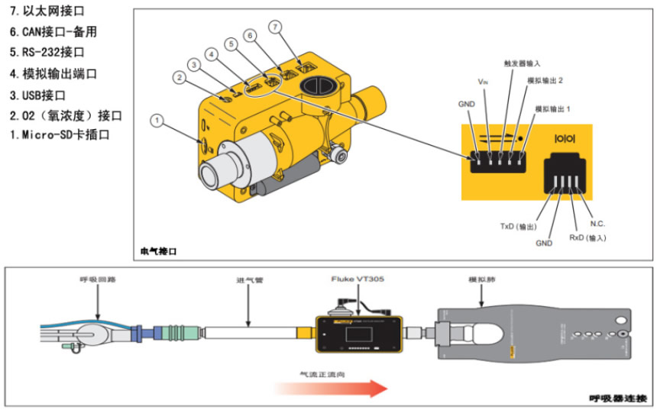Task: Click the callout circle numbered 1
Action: pyautogui.click(x=157, y=120)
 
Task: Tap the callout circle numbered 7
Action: pyautogui.click(x=275, y=27)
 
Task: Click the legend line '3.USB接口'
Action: pyautogui.click(x=37, y=95)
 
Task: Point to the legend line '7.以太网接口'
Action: pyautogui.click(x=47, y=12)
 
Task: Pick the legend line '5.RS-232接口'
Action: pyautogui.click(x=47, y=53)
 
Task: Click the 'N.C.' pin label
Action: pyautogui.click(x=597, y=224)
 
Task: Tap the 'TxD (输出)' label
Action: pyautogui.click(x=519, y=226)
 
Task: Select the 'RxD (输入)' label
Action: pyautogui.click(x=587, y=238)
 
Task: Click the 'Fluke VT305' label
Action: pyautogui.click(x=358, y=279)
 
